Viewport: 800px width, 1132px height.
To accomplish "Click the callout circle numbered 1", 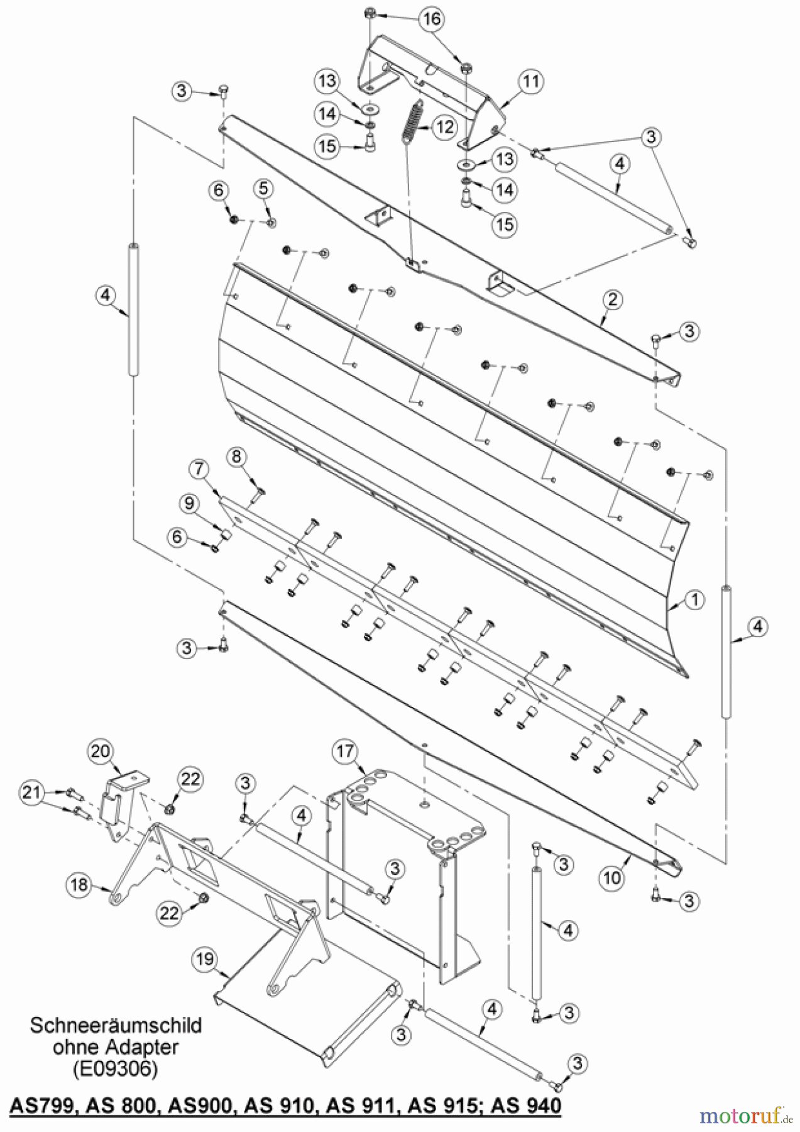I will [x=694, y=600].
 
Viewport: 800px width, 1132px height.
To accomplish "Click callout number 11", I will [x=531, y=81].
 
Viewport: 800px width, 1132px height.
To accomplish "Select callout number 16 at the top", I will [x=432, y=19].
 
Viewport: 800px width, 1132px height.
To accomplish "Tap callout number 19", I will [x=205, y=960].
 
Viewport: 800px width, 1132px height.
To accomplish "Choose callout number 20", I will [x=99, y=751].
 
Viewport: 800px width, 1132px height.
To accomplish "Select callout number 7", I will [x=199, y=468].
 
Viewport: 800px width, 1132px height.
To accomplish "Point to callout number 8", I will [x=236, y=457].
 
